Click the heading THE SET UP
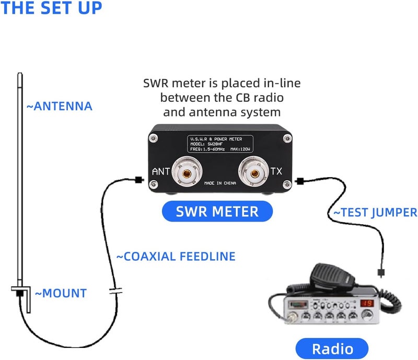[x=51, y=8]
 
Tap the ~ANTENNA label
[x=59, y=107]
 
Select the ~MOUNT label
[x=61, y=293]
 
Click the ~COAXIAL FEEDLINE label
[x=176, y=257]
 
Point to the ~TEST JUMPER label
[x=375, y=213]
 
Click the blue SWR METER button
[x=216, y=212]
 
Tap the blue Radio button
[x=332, y=349]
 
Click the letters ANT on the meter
[x=160, y=171]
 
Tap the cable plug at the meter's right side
[x=300, y=181]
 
